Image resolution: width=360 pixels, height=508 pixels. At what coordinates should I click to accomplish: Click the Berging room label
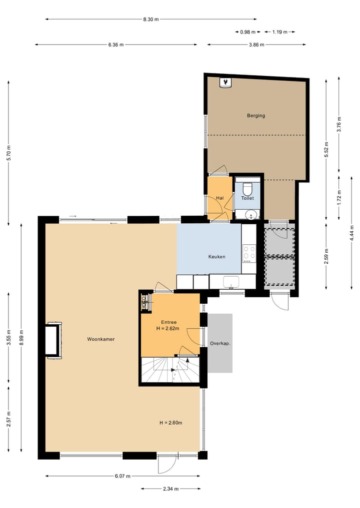pos(255,115)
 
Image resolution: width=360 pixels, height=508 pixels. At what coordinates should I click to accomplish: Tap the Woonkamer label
pos(101,339)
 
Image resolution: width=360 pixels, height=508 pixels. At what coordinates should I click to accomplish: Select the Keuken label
pos(216,257)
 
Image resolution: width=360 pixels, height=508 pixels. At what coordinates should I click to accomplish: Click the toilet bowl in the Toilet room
pos(247,189)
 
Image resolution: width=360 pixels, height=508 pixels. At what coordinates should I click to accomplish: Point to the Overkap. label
pos(220,343)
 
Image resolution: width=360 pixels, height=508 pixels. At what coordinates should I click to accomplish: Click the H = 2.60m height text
pos(170,423)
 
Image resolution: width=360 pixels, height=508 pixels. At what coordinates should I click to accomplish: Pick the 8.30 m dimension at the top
pos(150,19)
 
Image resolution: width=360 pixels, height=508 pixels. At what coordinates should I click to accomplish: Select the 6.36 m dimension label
pos(116,44)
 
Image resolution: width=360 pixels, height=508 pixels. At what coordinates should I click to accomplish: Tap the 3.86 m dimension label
pos(256,44)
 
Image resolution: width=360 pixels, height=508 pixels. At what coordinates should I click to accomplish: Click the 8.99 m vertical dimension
pos(21,337)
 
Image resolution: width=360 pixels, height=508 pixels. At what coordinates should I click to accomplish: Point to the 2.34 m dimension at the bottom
pos(170,489)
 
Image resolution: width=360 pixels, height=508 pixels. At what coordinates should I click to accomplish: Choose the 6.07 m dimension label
pos(122,476)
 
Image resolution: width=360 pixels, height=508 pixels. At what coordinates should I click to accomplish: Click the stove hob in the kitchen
pos(248,253)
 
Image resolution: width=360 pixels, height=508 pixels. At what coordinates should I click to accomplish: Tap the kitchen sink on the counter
pos(232,281)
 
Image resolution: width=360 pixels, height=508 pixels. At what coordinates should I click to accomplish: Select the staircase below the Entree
pos(170,370)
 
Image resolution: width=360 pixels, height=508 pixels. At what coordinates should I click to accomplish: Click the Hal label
pos(219,198)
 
